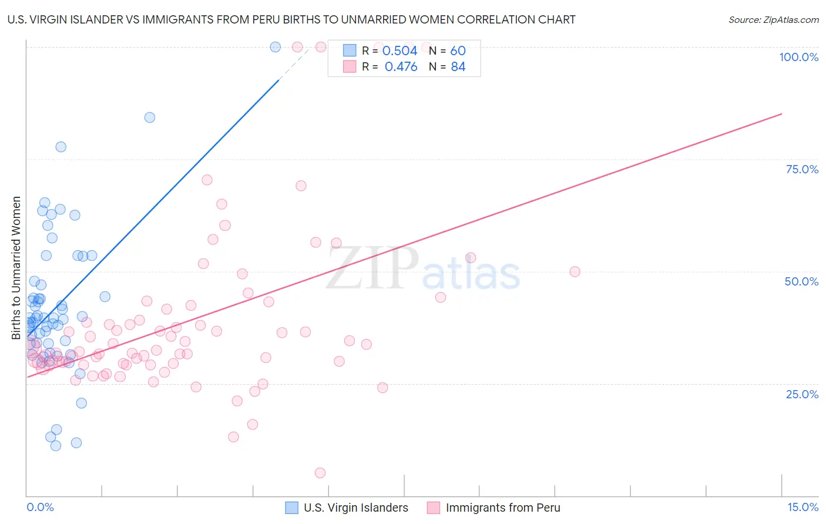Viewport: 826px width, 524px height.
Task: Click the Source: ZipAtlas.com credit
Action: point(773,19)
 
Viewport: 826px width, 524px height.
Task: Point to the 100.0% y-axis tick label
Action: point(798,57)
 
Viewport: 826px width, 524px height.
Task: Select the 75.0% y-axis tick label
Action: point(802,169)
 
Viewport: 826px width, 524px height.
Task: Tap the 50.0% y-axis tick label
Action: point(801,281)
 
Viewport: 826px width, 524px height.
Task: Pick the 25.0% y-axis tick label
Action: point(802,394)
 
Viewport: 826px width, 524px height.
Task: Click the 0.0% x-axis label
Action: point(40,507)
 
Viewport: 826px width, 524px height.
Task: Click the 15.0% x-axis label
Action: point(803,507)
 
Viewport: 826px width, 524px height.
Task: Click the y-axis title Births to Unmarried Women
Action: point(16,268)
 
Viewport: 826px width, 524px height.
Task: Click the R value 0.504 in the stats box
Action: point(399,51)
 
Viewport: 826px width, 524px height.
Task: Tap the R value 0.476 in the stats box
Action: point(401,67)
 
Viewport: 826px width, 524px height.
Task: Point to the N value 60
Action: point(458,51)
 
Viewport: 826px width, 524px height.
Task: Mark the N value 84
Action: point(458,67)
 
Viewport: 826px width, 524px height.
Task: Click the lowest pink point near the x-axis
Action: point(320,473)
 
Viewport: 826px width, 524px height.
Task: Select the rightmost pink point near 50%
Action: point(575,271)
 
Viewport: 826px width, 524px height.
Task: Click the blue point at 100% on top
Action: point(275,47)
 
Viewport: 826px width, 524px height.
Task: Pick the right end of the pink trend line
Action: point(781,113)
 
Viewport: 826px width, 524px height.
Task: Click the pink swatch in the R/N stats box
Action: point(350,66)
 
